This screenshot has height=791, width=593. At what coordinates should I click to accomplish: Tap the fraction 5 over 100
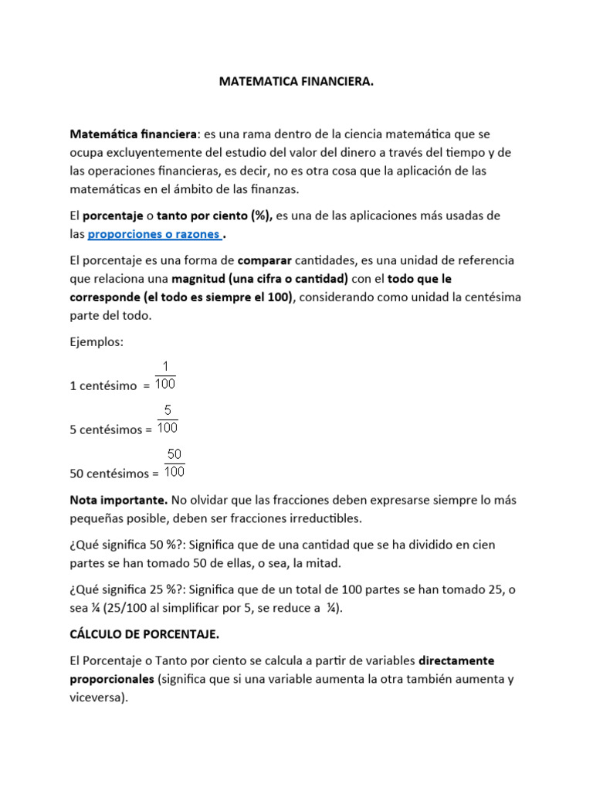point(168,419)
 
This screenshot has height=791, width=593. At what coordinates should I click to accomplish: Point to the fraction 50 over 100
point(175,463)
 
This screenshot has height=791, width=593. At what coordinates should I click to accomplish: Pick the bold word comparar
point(265,260)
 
